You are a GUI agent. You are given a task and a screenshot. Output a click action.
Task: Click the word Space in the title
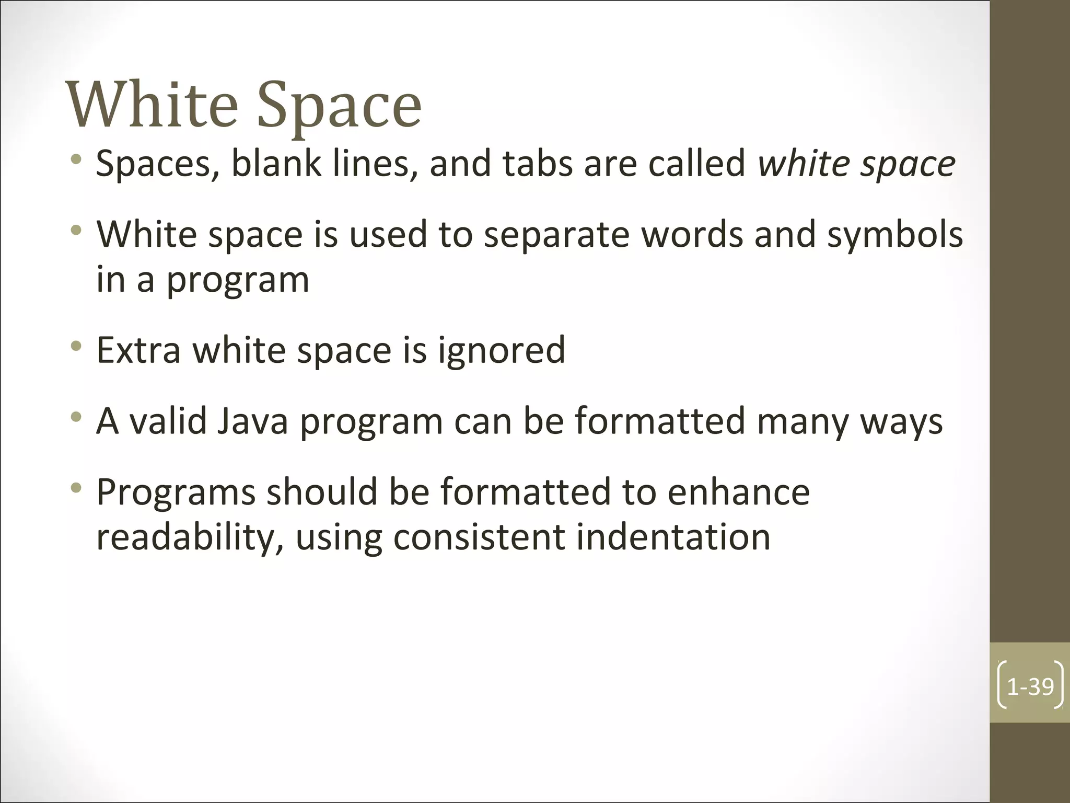point(339,107)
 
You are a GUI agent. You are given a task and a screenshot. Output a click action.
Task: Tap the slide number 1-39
point(1030,686)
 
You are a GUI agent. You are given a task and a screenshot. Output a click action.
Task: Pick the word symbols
point(895,235)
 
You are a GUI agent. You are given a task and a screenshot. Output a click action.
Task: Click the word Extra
point(138,350)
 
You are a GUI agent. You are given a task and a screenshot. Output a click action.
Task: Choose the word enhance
point(738,492)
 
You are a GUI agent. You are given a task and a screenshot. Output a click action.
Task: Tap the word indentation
point(673,537)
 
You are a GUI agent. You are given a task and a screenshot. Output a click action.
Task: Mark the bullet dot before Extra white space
point(77,346)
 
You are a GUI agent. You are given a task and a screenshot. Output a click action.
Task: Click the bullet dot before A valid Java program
point(77,417)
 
